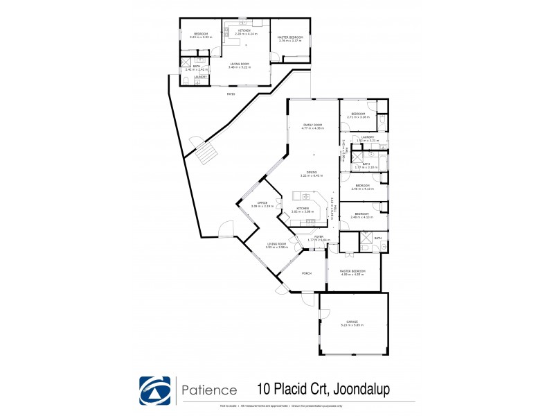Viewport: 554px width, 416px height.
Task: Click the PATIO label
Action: click(x=231, y=94)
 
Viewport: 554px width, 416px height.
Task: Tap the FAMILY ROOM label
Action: click(x=313, y=126)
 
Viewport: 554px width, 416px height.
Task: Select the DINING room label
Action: click(x=312, y=173)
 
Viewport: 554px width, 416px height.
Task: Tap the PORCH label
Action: click(x=306, y=273)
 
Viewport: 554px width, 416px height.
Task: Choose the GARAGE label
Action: click(x=353, y=322)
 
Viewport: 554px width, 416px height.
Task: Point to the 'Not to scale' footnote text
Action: click(x=229, y=404)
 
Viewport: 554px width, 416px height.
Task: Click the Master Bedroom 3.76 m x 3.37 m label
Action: click(x=291, y=39)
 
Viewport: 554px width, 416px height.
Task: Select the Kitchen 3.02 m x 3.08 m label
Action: click(x=302, y=210)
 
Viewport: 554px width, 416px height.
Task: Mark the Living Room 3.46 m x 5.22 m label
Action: click(x=240, y=65)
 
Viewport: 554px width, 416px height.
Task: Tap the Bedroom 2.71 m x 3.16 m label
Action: click(x=358, y=115)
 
